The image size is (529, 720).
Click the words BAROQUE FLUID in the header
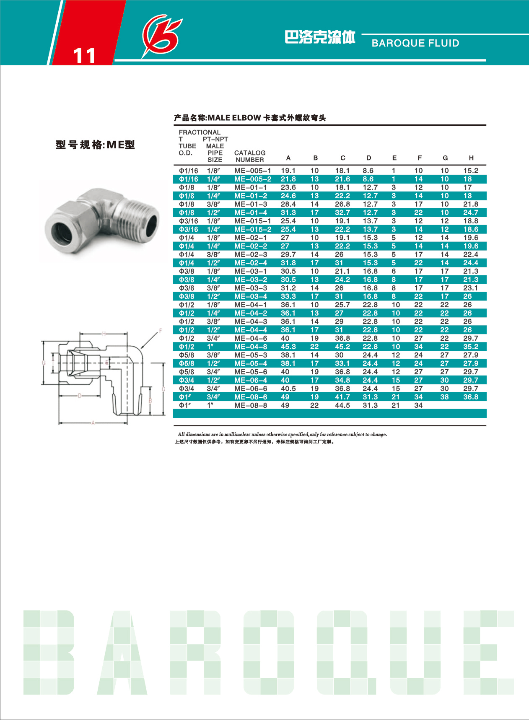(x=415, y=43)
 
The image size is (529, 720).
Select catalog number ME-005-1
(x=252, y=171)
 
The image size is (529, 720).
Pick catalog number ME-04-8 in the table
(x=251, y=347)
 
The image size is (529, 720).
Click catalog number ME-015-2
(x=252, y=229)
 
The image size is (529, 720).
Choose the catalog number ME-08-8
(x=251, y=405)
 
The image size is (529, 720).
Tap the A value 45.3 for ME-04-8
(x=288, y=347)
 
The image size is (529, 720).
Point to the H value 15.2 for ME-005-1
(x=471, y=171)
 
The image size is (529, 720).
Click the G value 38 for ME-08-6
(x=444, y=397)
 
